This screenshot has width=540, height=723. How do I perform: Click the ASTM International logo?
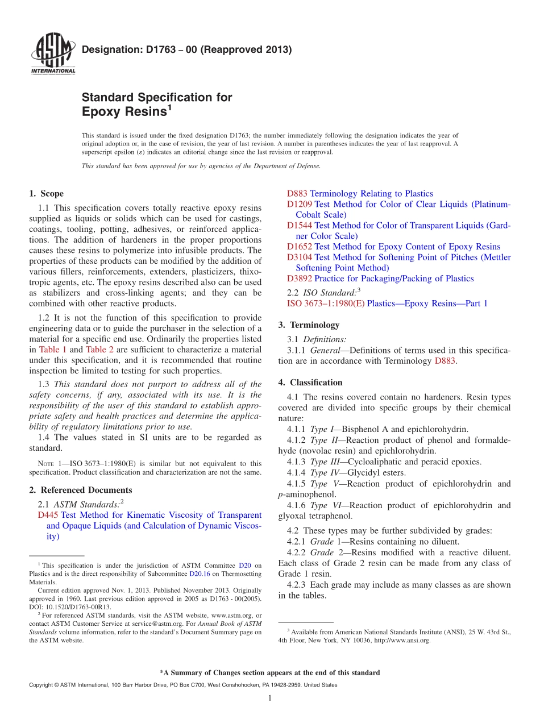tap(52, 54)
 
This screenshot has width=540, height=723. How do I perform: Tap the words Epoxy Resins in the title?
tap(124, 111)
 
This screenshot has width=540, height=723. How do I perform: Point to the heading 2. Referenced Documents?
tap(80, 490)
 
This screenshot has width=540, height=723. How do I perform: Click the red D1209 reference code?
tap(299, 204)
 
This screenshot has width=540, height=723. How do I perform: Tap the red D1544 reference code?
tap(299, 225)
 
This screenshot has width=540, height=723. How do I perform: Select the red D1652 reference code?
tap(299, 247)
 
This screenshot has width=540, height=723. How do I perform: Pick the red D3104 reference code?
tap(299, 257)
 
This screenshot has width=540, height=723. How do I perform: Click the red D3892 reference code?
tap(299, 279)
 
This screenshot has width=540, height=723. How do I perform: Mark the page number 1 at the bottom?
tap(270, 698)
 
